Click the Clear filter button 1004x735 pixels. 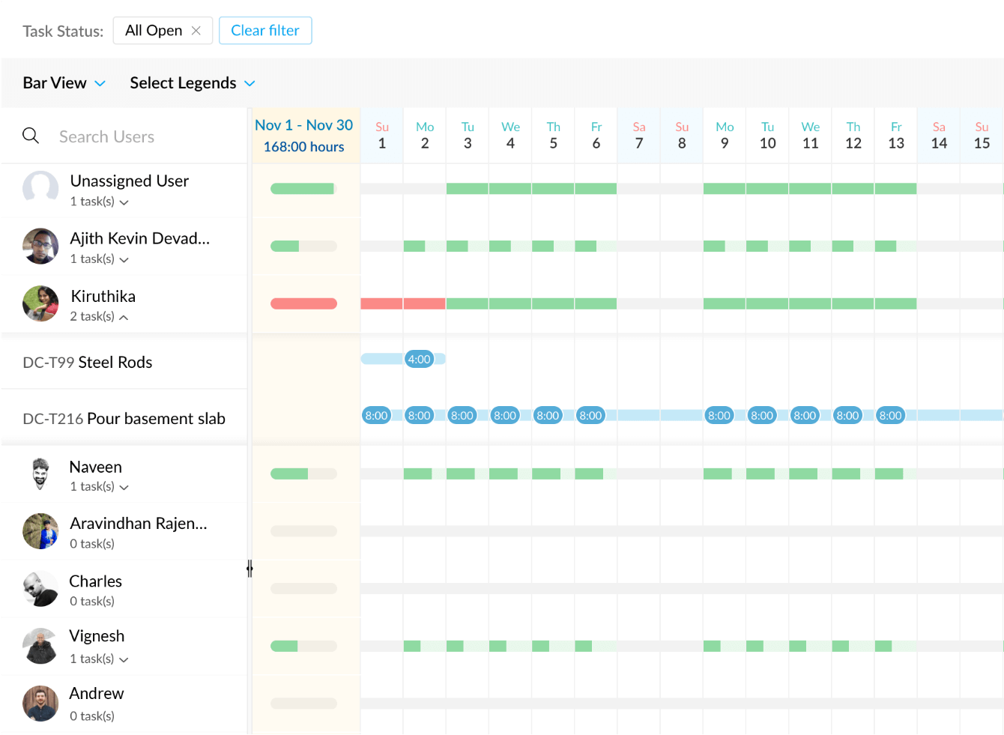(265, 31)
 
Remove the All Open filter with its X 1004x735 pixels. (196, 31)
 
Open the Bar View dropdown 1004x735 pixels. (64, 83)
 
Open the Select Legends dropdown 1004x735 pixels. (193, 83)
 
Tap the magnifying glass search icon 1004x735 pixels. (31, 136)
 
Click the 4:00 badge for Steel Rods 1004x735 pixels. (419, 359)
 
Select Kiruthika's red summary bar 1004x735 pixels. (303, 303)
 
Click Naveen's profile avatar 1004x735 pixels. (40, 474)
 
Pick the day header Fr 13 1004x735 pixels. (896, 136)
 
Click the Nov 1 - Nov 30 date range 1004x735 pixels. (303, 125)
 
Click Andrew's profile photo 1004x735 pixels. (40, 704)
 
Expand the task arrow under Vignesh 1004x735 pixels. (124, 659)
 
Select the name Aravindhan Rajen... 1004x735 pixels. (139, 524)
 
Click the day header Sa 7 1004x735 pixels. (639, 136)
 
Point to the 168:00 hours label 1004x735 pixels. (303, 147)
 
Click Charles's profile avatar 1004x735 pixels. (40, 589)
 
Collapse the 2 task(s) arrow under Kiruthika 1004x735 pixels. (124, 317)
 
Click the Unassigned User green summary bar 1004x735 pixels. (302, 189)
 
